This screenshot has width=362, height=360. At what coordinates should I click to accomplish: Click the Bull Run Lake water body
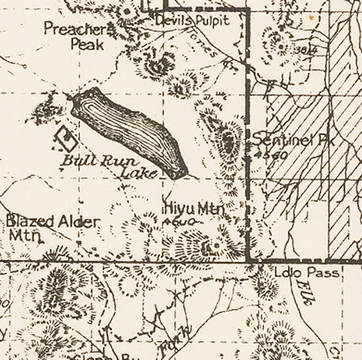click(129, 130)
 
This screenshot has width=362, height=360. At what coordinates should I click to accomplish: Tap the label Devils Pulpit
click(192, 20)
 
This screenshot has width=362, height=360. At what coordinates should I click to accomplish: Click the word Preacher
click(75, 30)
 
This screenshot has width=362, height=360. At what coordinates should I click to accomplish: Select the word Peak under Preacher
click(87, 45)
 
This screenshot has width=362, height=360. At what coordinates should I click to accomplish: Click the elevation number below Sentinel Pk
click(270, 153)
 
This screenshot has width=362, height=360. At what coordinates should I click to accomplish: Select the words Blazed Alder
click(52, 220)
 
